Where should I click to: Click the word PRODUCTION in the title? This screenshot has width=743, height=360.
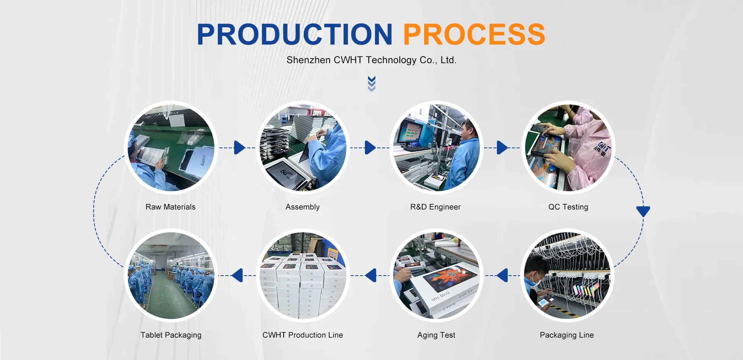tap(295, 34)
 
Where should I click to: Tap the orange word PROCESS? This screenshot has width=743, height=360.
tap(474, 34)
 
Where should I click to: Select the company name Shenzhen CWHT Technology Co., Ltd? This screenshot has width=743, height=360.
tap(371, 60)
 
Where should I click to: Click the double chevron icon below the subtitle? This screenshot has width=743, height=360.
tap(371, 84)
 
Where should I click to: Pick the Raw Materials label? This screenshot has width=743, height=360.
tap(171, 207)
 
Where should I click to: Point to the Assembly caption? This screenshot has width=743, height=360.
tap(303, 207)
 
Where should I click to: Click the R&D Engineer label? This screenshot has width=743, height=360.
tap(436, 207)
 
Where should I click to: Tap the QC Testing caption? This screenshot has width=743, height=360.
tap(568, 207)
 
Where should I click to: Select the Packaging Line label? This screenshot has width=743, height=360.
tap(567, 335)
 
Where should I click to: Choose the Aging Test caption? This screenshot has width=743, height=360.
tap(437, 335)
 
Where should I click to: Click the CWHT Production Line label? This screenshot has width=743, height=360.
tap(303, 335)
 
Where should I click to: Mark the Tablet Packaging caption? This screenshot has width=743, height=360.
tap(171, 335)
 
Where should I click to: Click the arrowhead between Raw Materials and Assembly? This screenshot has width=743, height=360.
tap(240, 147)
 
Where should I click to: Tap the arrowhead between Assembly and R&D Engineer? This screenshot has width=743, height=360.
tap(370, 147)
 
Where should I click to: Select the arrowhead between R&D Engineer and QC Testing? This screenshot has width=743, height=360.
tap(502, 147)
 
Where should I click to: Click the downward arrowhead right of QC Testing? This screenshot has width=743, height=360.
tap(643, 211)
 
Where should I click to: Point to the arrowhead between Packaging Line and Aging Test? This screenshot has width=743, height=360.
tap(502, 276)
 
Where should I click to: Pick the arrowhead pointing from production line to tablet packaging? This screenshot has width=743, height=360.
tap(237, 276)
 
